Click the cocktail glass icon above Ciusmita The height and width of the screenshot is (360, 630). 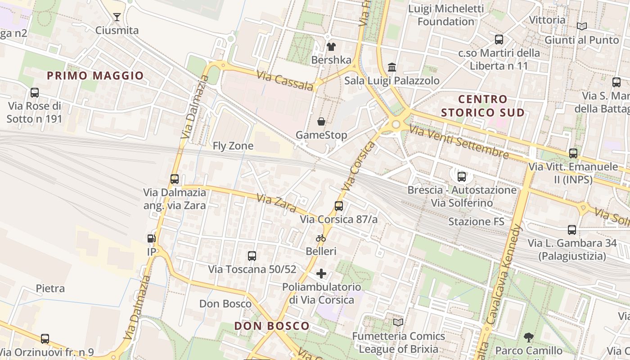(117, 17)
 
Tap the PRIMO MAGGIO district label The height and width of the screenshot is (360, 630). (95, 76)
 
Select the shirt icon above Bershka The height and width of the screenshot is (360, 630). (331, 46)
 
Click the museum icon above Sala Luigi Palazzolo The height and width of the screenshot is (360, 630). (392, 67)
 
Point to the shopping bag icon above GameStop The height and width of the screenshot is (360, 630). (321, 121)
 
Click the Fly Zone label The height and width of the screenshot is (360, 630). (233, 146)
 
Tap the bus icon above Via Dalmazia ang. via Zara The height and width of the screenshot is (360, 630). (175, 179)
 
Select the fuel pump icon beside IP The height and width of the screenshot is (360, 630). (151, 238)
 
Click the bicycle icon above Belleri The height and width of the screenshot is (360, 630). (321, 238)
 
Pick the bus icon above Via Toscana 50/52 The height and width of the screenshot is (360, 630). (252, 256)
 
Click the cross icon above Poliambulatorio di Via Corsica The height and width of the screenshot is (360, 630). (321, 274)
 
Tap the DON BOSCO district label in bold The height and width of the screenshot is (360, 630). (272, 326)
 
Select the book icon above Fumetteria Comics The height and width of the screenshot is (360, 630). (398, 322)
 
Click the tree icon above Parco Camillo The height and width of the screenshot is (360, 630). (529, 337)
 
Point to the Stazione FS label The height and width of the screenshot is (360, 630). (476, 221)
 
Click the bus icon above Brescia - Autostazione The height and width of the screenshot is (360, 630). (462, 176)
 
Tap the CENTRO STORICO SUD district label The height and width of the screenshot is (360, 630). (483, 106)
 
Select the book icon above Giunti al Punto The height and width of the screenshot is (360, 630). (582, 27)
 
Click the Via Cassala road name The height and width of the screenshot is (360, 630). (285, 80)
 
